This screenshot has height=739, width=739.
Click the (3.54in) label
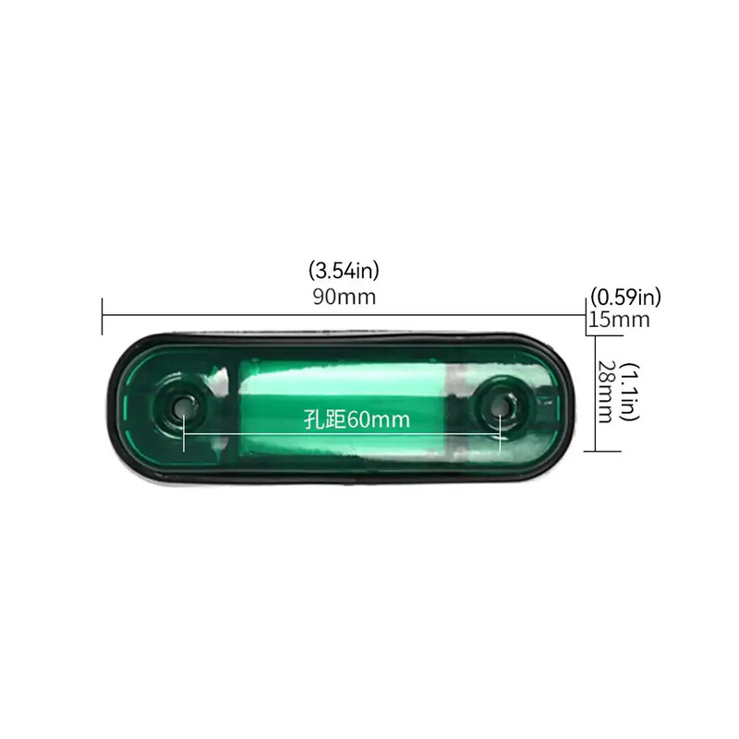(344, 271)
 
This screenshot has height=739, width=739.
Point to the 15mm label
(620, 320)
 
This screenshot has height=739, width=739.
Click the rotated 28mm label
(606, 392)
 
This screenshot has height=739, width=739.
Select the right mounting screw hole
(502, 404)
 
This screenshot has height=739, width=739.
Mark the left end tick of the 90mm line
(102, 316)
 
